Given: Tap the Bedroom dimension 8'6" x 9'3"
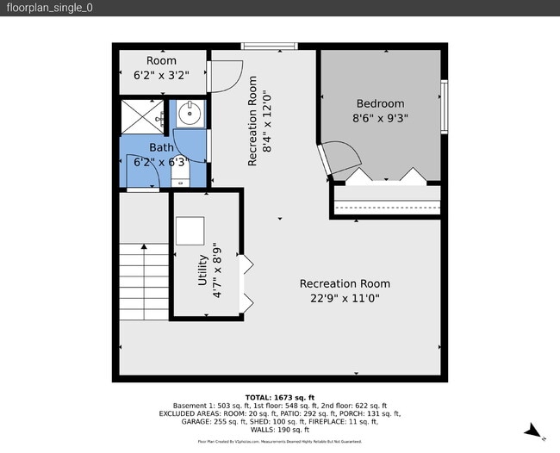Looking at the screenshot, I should (x=379, y=120).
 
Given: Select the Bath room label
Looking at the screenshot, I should (x=161, y=147).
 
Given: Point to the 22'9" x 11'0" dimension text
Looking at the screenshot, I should (x=345, y=298).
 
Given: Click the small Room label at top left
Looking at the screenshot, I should (x=161, y=60).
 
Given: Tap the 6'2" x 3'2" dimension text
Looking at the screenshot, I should (x=161, y=75).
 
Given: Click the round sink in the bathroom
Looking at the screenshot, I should (x=190, y=112).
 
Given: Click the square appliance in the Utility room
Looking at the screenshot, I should (x=190, y=230).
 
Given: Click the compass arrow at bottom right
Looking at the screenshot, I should (x=533, y=430).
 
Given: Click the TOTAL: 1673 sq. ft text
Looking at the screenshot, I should (x=280, y=396).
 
